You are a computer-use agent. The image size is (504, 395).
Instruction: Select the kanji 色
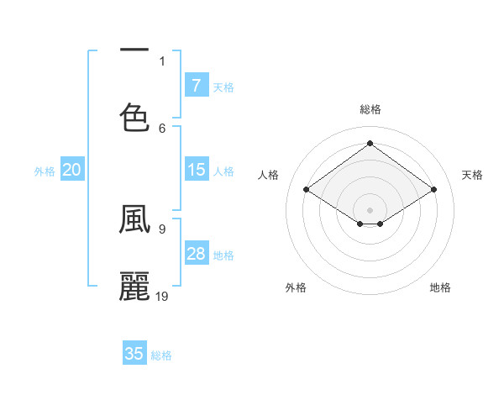pyautogui.click(x=134, y=117)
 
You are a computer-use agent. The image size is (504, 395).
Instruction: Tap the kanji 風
pyautogui.click(x=134, y=219)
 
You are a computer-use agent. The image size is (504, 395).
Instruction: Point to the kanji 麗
pyautogui.click(x=134, y=286)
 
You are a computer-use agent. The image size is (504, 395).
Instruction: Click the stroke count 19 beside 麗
pyautogui.click(x=162, y=296)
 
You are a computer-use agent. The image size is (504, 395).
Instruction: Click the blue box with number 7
pyautogui.click(x=196, y=86)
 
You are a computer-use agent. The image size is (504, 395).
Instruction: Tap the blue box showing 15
pyautogui.click(x=196, y=170)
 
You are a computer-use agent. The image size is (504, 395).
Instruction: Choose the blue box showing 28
pyautogui.click(x=196, y=254)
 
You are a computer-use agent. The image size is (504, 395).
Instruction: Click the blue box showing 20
pyautogui.click(x=72, y=170)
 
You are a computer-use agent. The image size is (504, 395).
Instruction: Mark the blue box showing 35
pyautogui.click(x=134, y=354)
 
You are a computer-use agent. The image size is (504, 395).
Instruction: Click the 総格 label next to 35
pyautogui.click(x=161, y=355)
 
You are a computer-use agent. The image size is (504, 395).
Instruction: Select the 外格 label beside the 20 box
pyautogui.click(x=45, y=171)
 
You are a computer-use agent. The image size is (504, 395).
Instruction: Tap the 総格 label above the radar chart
pyautogui.click(x=370, y=109)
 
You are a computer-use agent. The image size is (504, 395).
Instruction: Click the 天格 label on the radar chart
pyautogui.click(x=472, y=175)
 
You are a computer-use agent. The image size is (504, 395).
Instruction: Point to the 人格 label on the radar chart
pyautogui.click(x=268, y=175)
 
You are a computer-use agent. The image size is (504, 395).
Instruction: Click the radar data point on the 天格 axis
pyautogui.click(x=433, y=190)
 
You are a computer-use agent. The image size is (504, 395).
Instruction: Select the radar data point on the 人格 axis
pyautogui.click(x=306, y=190)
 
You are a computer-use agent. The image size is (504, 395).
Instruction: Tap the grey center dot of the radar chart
pyautogui.click(x=370, y=209)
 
